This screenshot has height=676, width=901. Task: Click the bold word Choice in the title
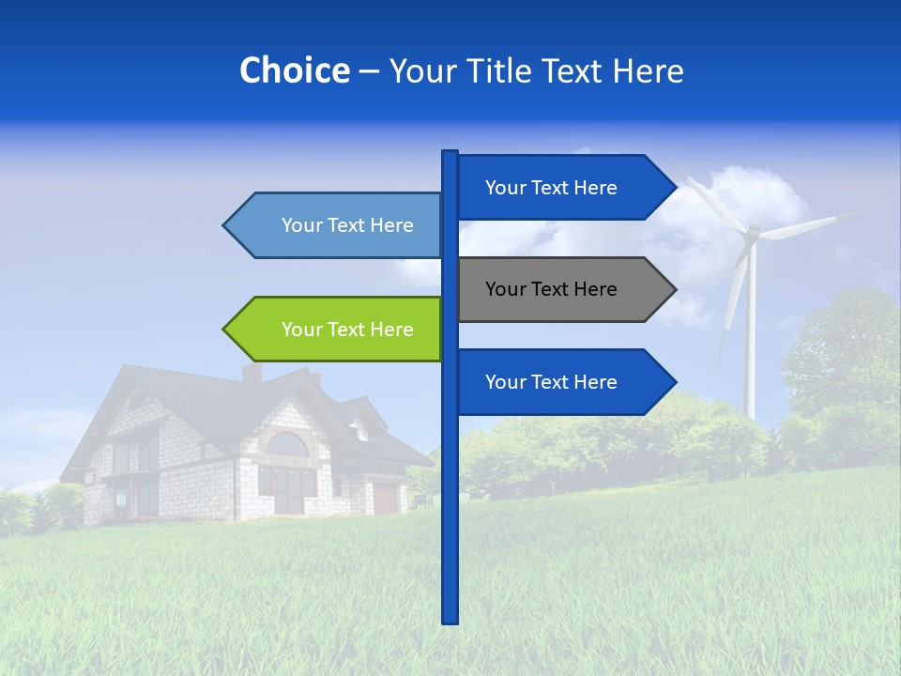294,71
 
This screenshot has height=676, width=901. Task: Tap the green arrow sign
338,330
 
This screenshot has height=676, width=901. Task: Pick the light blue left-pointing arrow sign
338,225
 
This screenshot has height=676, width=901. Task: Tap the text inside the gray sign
551,289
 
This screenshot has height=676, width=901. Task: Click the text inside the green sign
347,330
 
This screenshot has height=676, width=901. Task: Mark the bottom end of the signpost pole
450,620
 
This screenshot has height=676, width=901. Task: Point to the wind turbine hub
751,232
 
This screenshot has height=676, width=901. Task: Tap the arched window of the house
288,445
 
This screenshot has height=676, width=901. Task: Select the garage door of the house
385,498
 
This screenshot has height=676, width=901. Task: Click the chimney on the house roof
252,373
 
